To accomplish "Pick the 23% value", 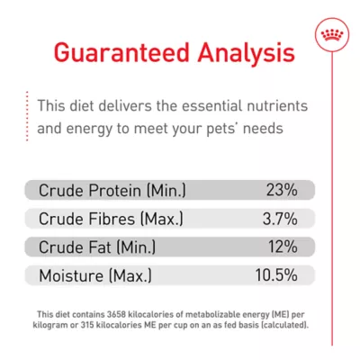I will point(281,191).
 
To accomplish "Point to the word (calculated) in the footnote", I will point(283,323).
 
